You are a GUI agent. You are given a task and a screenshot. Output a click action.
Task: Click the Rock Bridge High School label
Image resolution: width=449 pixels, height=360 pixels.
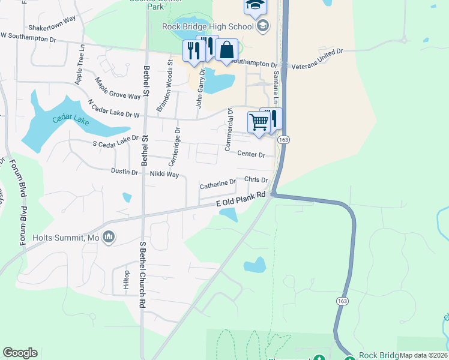[x=208, y=26]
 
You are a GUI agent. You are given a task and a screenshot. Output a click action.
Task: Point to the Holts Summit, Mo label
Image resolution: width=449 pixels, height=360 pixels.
[x=66, y=238]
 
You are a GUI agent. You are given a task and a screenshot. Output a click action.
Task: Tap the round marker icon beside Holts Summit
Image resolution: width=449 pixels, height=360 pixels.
[x=109, y=238]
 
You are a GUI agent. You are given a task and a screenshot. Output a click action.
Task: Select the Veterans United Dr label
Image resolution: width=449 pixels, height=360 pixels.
[x=318, y=57]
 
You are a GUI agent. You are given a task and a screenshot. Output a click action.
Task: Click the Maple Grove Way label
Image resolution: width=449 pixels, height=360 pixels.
[x=118, y=88]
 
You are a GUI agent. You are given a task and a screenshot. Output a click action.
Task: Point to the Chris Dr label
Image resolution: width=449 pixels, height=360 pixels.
[x=256, y=179]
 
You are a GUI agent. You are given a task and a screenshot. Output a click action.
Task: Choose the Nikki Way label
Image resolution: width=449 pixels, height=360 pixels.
[x=164, y=174]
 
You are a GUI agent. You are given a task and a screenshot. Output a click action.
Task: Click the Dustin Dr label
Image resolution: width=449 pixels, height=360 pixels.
[x=125, y=172]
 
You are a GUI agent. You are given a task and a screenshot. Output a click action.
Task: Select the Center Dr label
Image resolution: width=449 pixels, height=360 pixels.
[x=252, y=154]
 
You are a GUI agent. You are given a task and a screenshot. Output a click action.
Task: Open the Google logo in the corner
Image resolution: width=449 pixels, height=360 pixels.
[x=20, y=353]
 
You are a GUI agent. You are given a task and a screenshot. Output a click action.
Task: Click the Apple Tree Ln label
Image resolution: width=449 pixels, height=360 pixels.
[x=79, y=67]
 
